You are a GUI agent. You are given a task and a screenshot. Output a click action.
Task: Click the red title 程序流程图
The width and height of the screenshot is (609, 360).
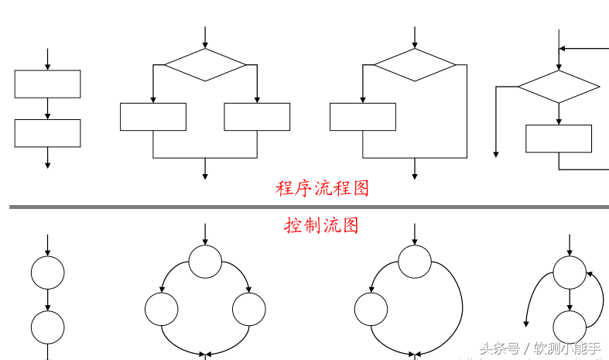(x=322, y=188)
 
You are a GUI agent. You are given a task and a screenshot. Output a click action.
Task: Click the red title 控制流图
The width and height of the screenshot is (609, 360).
(x=321, y=225)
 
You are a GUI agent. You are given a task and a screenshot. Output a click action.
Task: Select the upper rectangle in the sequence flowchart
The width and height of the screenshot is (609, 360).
(x=47, y=84)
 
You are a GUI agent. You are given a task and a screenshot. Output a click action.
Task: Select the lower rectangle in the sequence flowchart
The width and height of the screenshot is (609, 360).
(x=47, y=133)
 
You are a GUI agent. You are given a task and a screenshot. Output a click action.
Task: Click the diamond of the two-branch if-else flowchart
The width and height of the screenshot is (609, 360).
(x=205, y=65)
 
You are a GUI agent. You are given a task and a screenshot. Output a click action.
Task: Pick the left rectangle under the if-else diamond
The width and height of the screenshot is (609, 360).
(x=153, y=116)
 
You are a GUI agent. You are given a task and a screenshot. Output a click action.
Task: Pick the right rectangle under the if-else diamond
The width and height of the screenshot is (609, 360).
(x=257, y=116)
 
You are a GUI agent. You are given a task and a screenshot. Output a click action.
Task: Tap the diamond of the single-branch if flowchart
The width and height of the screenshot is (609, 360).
(x=415, y=65)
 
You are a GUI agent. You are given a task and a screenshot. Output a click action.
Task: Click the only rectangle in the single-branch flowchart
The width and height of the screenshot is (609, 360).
(x=362, y=116)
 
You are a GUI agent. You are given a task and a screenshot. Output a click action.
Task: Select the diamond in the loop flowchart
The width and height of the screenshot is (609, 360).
(x=559, y=87)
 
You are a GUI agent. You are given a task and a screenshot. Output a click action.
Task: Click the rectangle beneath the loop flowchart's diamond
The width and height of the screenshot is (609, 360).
(x=559, y=138)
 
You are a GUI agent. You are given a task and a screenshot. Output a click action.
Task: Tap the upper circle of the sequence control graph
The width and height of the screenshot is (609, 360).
(x=47, y=273)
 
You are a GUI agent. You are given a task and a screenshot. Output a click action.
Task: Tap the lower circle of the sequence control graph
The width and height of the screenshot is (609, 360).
(x=47, y=327)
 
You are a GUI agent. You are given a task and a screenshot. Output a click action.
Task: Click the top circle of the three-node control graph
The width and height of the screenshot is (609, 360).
(x=205, y=262)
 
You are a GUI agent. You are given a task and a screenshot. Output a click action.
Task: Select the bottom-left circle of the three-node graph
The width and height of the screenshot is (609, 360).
(x=161, y=310)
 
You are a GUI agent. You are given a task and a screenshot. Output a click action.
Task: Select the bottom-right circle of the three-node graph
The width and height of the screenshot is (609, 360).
(x=249, y=310)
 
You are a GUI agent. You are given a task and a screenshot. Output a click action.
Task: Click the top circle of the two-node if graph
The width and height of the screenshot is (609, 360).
(x=415, y=262)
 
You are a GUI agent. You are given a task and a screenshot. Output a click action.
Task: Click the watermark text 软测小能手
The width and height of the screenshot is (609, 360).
(x=567, y=348)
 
